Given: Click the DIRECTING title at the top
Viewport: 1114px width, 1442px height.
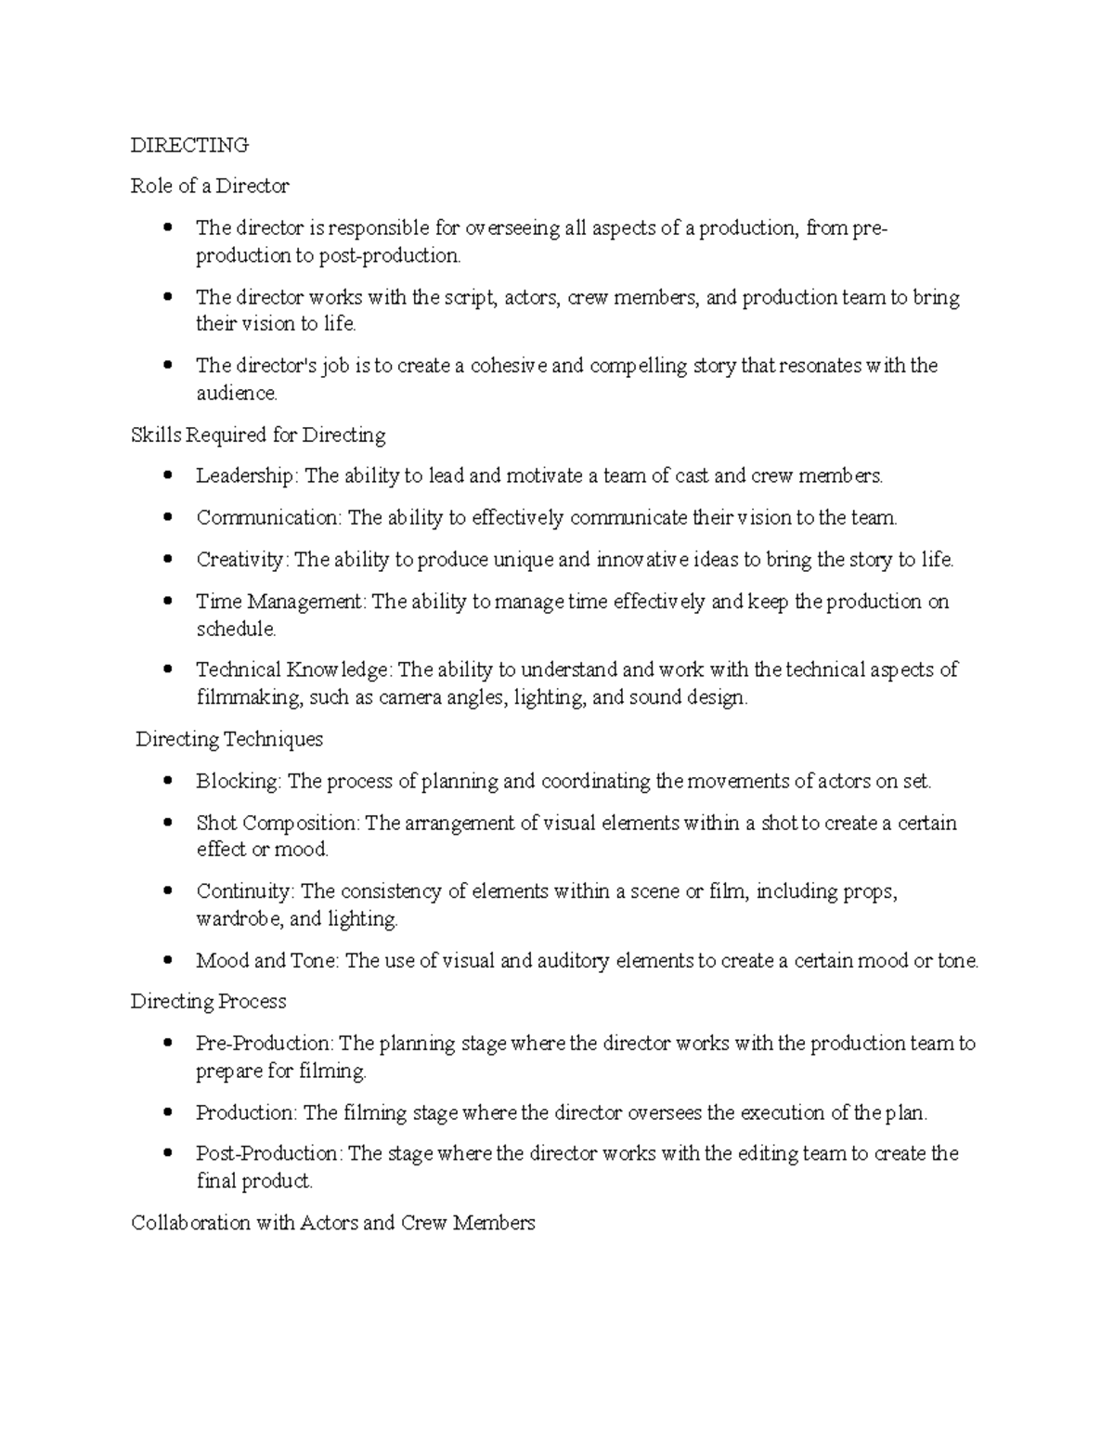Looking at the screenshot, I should (189, 145).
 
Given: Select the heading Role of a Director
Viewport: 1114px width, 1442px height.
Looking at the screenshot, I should (210, 186).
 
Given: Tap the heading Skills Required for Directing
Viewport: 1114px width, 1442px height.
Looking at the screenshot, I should (258, 435).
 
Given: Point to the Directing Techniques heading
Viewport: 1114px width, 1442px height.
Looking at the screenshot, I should (229, 739).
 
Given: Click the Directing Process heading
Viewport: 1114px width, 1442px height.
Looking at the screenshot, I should (208, 1001).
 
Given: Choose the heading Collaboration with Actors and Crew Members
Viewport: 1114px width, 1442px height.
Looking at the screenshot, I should (332, 1223).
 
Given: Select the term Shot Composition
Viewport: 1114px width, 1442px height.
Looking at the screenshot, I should (277, 823).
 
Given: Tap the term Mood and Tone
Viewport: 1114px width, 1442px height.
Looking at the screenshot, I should (265, 961).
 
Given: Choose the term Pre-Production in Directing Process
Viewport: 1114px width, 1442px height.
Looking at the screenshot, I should (264, 1044).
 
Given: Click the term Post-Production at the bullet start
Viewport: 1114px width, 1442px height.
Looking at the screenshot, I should (268, 1153).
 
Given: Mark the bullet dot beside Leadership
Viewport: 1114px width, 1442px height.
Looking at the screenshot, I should (168, 475).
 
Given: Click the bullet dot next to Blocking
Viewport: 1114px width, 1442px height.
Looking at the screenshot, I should (168, 781).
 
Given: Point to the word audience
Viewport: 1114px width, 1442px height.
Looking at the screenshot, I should (236, 394).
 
